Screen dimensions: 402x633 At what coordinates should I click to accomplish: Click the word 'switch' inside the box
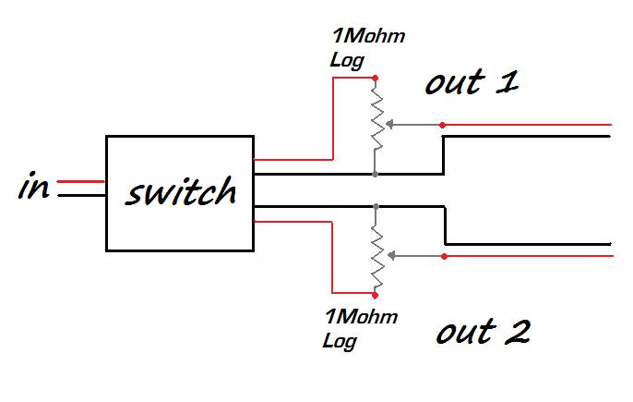(181, 192)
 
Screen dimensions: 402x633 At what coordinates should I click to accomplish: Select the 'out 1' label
(471, 83)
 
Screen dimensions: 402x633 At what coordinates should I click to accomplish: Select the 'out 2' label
(483, 331)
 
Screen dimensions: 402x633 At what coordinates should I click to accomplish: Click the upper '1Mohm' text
(367, 39)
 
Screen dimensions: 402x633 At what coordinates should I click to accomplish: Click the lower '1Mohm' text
(361, 318)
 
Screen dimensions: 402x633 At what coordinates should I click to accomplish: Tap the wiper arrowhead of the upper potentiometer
(388, 124)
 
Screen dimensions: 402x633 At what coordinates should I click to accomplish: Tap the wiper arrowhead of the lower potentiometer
(388, 256)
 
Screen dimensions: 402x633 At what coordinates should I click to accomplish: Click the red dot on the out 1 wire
(443, 124)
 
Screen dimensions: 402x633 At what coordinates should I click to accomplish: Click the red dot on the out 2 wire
(443, 256)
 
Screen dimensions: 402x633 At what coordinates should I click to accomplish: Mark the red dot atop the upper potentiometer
(376, 79)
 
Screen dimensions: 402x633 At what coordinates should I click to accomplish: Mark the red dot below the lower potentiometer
(376, 295)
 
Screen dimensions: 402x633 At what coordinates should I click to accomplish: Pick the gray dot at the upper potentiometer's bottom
(376, 173)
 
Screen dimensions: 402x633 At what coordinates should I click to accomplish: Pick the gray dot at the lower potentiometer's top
(376, 205)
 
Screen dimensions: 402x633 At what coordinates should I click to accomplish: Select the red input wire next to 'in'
(81, 182)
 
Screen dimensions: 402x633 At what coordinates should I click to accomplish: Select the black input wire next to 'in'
(81, 195)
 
